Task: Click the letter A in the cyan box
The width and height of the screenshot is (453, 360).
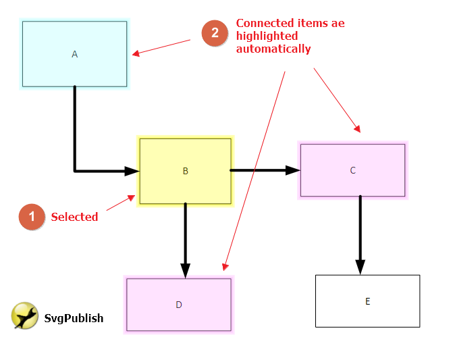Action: pos(74,54)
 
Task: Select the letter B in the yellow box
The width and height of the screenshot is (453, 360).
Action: pos(186,171)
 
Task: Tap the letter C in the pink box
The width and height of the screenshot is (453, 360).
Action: pos(353,170)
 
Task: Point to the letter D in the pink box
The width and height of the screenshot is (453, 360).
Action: pos(179,305)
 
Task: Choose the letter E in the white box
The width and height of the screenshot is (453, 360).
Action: pos(367,301)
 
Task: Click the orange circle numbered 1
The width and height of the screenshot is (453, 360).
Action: pos(32,217)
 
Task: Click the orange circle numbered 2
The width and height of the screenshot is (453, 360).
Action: pos(215,33)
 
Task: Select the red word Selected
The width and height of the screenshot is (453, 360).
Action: pos(74,217)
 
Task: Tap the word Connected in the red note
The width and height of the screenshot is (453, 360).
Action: pos(265,23)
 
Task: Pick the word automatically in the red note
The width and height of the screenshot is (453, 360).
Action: pos(273,49)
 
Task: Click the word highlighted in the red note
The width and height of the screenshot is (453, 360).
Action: pos(267,36)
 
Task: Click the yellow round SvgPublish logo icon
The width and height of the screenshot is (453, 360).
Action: pos(24,315)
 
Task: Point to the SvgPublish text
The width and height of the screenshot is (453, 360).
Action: pos(74,318)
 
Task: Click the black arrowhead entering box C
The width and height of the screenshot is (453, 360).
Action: pos(293,170)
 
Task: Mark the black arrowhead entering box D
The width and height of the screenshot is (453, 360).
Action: pos(185,271)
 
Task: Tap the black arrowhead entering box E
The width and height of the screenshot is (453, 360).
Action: pos(361,267)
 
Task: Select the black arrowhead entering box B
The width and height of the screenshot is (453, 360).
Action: pos(132,171)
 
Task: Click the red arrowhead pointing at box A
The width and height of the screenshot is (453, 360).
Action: pos(136,53)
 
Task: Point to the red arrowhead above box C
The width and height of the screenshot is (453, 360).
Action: pos(358,129)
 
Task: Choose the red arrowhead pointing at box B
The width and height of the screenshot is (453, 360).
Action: pos(132,198)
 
